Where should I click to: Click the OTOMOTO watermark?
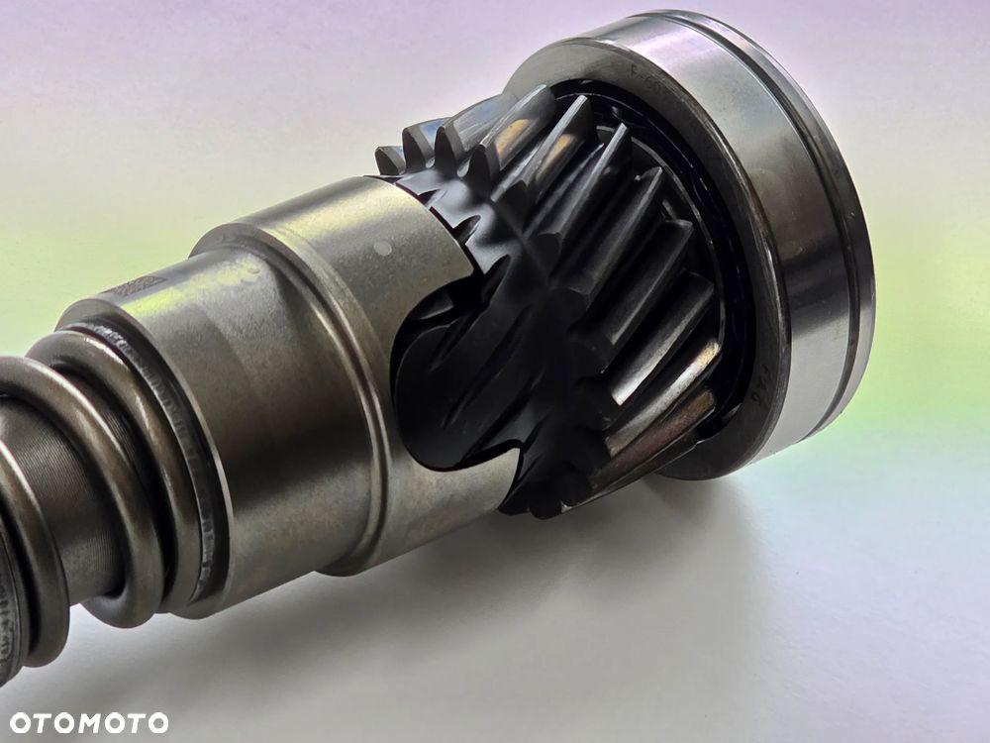coord(89,723)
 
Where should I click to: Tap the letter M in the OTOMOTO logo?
coord(88,723)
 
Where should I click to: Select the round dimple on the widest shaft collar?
coord(382,247)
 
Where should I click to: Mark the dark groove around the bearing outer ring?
coord(840,189)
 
